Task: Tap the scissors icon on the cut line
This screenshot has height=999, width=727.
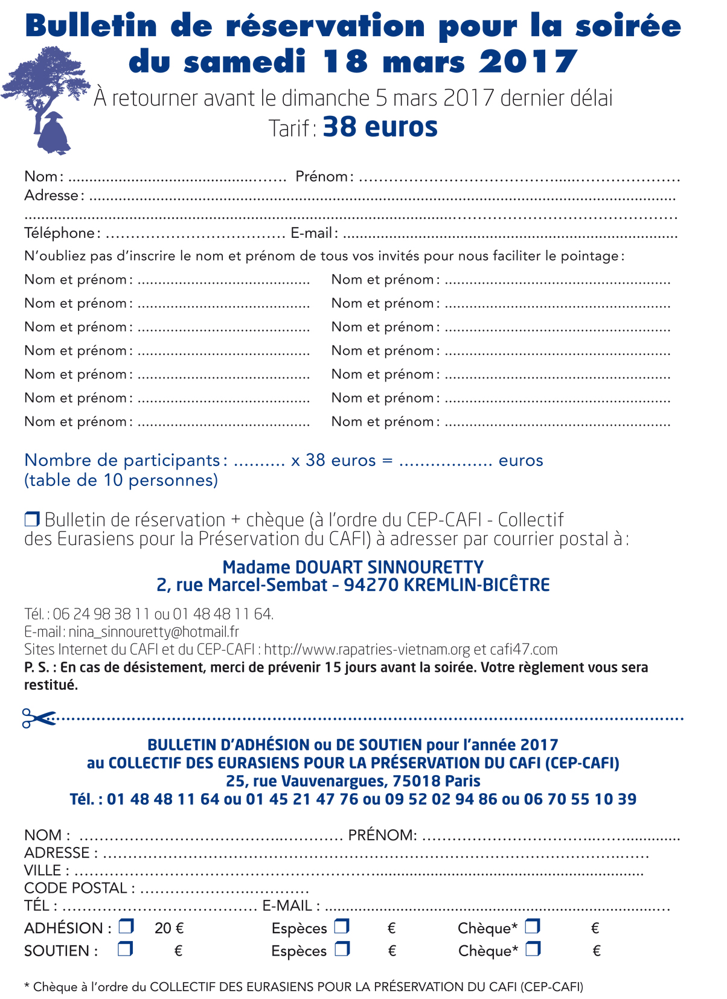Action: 37,718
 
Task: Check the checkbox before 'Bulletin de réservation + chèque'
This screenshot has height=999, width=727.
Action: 32,519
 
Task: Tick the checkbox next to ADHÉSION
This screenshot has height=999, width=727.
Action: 126,926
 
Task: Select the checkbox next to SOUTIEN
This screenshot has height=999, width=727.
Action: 125,949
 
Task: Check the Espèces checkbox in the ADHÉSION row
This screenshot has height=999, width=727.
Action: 342,926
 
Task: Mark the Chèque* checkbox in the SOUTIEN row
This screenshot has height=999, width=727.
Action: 533,949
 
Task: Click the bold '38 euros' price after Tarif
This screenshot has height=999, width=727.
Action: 380,127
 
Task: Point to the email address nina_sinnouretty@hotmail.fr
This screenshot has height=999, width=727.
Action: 153,632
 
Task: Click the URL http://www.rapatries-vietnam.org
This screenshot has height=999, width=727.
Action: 367,650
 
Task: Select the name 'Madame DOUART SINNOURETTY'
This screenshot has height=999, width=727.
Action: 353,567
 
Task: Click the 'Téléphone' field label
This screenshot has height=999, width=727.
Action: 60,233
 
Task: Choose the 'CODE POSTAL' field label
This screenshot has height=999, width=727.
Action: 75,888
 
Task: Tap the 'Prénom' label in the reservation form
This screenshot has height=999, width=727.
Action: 322,176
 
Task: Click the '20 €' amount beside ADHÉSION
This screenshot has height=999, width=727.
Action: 169,928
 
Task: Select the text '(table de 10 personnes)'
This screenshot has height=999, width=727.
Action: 121,480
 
